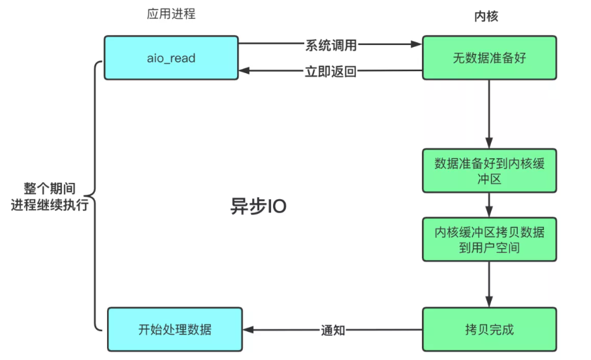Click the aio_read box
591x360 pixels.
click(171, 58)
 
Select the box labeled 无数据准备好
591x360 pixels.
click(489, 58)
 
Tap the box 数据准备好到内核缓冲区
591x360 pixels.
click(489, 170)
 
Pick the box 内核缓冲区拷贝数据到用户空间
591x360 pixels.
click(489, 240)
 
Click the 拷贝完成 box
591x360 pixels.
click(489, 329)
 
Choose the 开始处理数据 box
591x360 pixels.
click(174, 329)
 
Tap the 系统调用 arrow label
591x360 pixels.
click(330, 46)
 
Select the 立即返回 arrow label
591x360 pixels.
click(330, 71)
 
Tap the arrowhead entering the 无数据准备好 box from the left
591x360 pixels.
click(417, 46)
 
